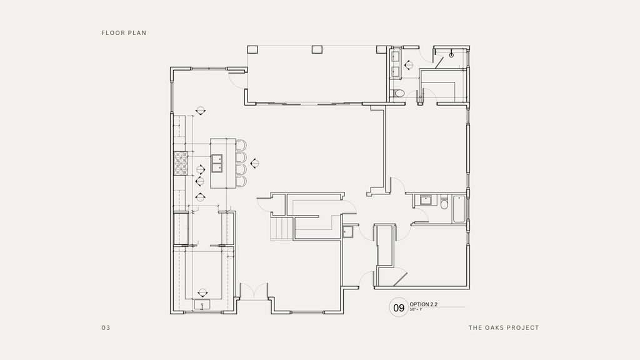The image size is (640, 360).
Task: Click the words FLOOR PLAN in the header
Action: point(124,32)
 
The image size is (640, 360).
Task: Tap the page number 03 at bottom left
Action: point(106,327)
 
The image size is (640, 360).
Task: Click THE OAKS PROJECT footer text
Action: point(503,327)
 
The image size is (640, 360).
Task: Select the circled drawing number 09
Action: point(398,307)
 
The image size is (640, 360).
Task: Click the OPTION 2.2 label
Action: point(424,304)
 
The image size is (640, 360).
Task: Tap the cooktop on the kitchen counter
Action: point(181,164)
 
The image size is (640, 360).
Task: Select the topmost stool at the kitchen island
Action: point(241,146)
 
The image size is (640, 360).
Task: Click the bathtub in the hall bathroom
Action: point(459,209)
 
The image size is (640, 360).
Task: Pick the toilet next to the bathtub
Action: point(444,203)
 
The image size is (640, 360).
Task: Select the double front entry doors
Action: point(254,291)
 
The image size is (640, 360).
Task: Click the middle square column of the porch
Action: point(316,49)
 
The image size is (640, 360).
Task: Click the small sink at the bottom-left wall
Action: point(202,304)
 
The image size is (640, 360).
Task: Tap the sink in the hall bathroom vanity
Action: point(427,201)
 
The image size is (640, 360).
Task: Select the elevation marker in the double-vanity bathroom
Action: point(407,64)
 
